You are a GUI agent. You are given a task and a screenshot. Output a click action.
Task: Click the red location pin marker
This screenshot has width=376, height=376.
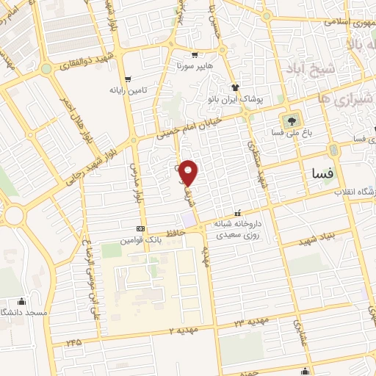[x=189, y=173]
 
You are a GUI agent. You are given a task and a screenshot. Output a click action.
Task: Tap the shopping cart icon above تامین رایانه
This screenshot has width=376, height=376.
[x=128, y=79]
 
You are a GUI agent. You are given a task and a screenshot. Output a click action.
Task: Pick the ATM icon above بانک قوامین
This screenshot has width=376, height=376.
[x=140, y=229]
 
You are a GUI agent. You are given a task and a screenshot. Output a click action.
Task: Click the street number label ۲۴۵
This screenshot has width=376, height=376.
[x=73, y=342]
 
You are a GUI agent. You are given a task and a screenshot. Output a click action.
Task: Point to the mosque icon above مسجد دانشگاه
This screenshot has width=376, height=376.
[x=21, y=300]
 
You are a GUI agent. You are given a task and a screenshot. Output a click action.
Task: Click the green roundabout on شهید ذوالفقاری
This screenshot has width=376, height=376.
[x=46, y=69]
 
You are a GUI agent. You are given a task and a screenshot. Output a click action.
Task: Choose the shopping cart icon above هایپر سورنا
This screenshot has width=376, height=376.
[x=195, y=54]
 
